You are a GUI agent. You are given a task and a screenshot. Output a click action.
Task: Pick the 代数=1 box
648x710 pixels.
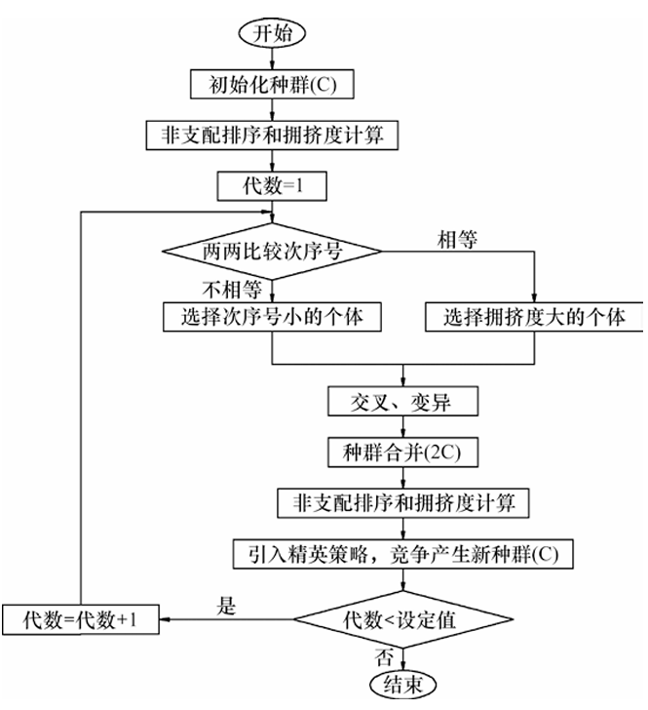click(x=273, y=183)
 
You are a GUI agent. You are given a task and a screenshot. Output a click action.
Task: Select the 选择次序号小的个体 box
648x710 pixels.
click(x=272, y=316)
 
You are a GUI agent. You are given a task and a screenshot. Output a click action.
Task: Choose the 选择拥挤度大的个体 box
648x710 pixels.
click(x=534, y=317)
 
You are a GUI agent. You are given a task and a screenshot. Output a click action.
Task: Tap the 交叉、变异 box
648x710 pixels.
click(x=402, y=402)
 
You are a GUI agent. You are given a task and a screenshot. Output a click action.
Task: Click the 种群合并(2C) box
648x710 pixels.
click(x=402, y=453)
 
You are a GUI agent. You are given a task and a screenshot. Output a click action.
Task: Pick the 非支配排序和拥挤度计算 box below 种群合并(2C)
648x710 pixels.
click(x=402, y=503)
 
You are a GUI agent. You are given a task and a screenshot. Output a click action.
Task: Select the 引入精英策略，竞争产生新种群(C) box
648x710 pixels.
click(x=402, y=554)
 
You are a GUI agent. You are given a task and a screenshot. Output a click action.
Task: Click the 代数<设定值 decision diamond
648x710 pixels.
click(x=402, y=617)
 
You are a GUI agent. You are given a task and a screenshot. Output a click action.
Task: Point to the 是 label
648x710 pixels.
click(x=227, y=605)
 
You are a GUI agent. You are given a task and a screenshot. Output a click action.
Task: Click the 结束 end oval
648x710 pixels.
click(x=402, y=685)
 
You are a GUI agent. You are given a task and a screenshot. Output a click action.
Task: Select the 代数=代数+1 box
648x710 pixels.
click(x=80, y=618)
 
